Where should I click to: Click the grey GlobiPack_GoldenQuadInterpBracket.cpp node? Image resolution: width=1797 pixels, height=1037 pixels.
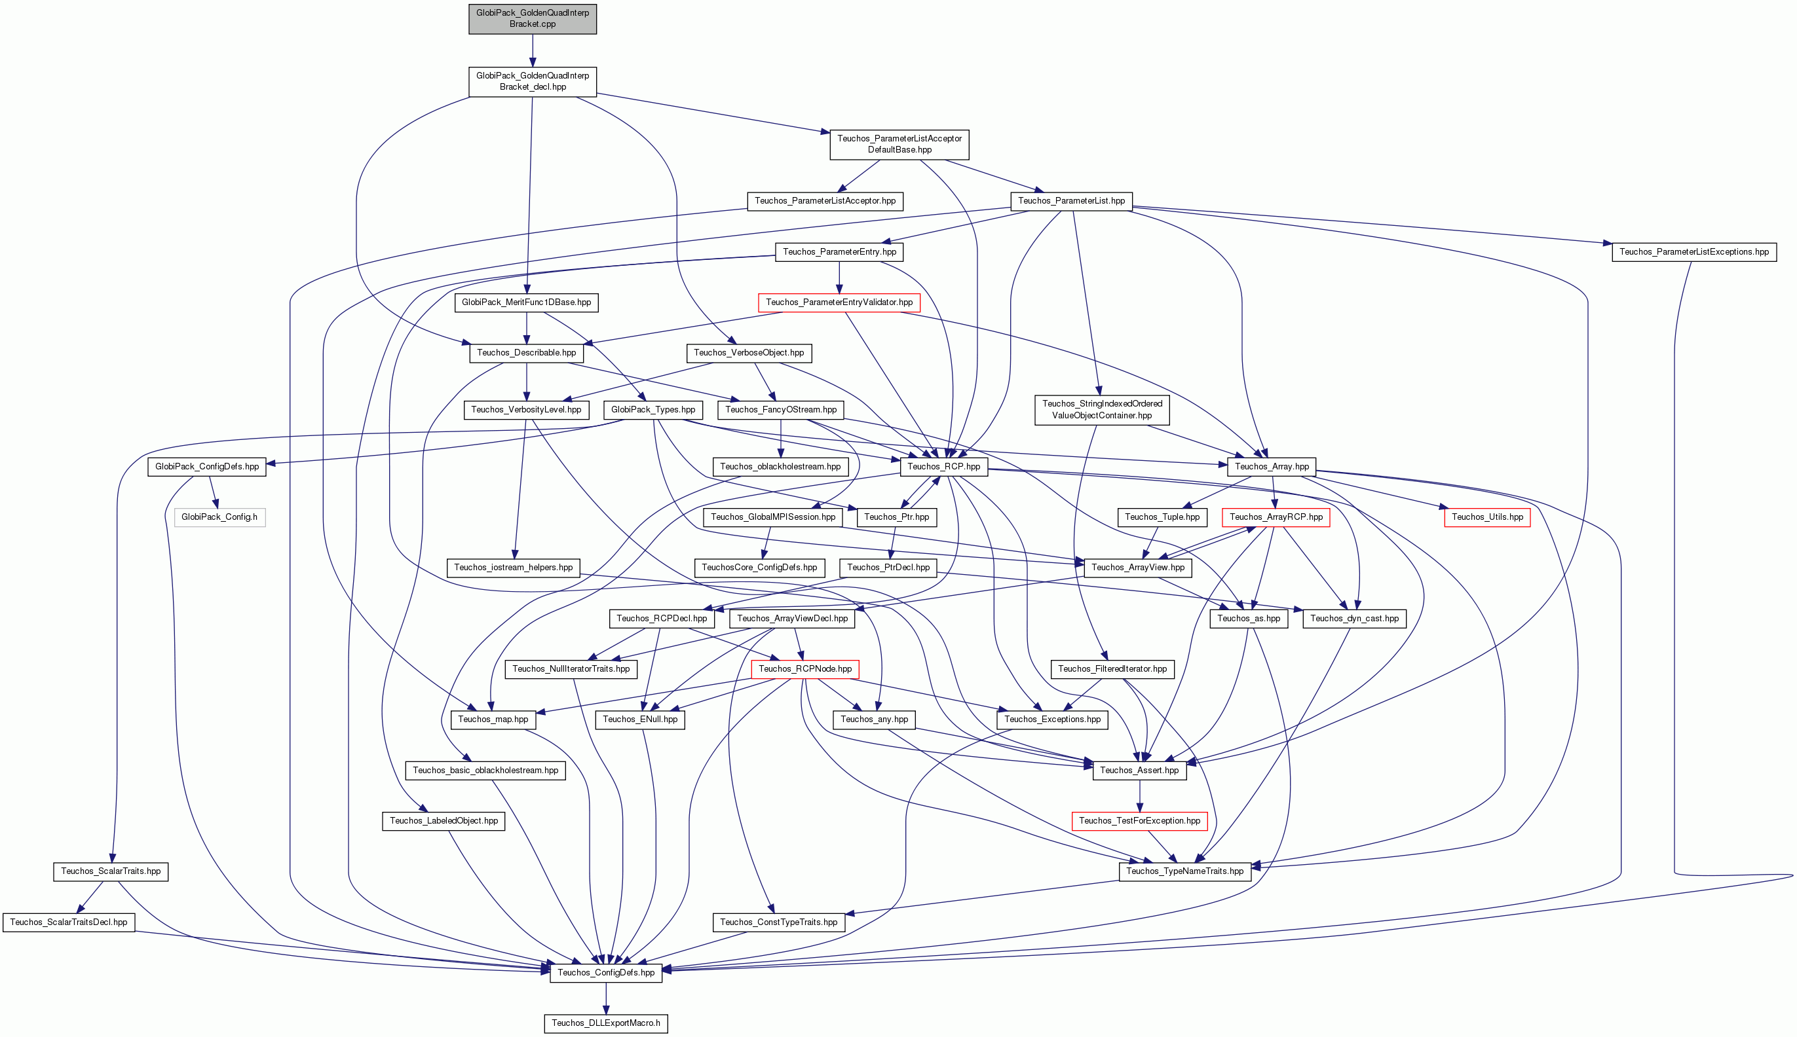click(532, 18)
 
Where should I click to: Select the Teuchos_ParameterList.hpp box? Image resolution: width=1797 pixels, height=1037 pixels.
click(1071, 201)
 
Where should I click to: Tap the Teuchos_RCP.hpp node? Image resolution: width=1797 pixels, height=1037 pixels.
click(943, 467)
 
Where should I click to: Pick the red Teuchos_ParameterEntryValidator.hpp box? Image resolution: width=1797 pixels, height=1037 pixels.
click(839, 302)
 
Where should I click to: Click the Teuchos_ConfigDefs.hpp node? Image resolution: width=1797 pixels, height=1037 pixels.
click(605, 973)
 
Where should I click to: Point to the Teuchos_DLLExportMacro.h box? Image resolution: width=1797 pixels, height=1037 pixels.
click(605, 1023)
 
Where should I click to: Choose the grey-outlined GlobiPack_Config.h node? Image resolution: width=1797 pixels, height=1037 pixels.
click(219, 517)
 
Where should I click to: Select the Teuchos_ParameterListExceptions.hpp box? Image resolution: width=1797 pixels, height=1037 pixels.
click(1693, 252)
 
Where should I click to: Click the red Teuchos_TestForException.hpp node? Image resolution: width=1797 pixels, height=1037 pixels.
click(1139, 821)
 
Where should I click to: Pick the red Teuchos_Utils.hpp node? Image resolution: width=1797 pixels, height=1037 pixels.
click(1487, 517)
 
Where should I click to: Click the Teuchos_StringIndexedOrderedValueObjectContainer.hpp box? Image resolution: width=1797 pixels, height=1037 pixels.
click(1101, 410)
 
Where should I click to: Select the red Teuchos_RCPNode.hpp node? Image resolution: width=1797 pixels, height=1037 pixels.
click(805, 670)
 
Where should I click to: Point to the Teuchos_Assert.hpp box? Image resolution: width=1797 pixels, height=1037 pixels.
click(1139, 771)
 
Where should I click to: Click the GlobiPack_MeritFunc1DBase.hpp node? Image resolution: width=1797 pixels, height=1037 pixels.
click(527, 302)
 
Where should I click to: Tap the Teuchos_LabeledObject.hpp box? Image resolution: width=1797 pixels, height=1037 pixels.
click(444, 821)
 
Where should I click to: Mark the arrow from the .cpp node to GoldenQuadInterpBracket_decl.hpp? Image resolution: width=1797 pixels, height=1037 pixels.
click(532, 50)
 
